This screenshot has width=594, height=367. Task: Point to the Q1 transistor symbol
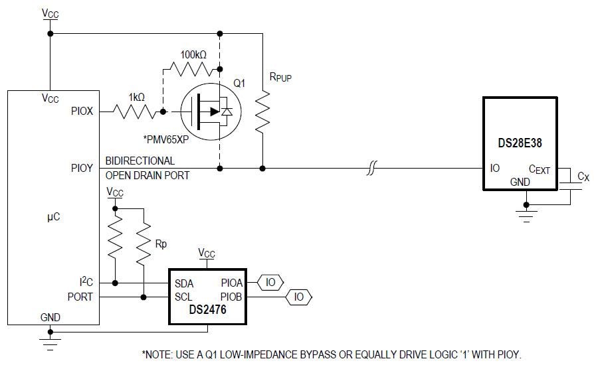[x=209, y=112]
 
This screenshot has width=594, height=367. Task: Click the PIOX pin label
[x=82, y=111]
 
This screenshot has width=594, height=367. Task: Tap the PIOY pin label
[x=82, y=169]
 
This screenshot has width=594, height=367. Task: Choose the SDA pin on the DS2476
[x=184, y=283]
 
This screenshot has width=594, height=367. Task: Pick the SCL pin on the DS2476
[x=183, y=297]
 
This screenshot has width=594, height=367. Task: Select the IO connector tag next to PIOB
[x=298, y=297]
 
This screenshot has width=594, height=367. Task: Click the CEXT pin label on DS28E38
[x=539, y=170]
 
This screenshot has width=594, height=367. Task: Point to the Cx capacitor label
[x=583, y=177]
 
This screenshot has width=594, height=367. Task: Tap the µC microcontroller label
[x=53, y=217]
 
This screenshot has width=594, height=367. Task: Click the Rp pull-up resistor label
[x=161, y=244]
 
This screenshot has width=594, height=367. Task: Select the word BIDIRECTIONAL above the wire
[x=140, y=161]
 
